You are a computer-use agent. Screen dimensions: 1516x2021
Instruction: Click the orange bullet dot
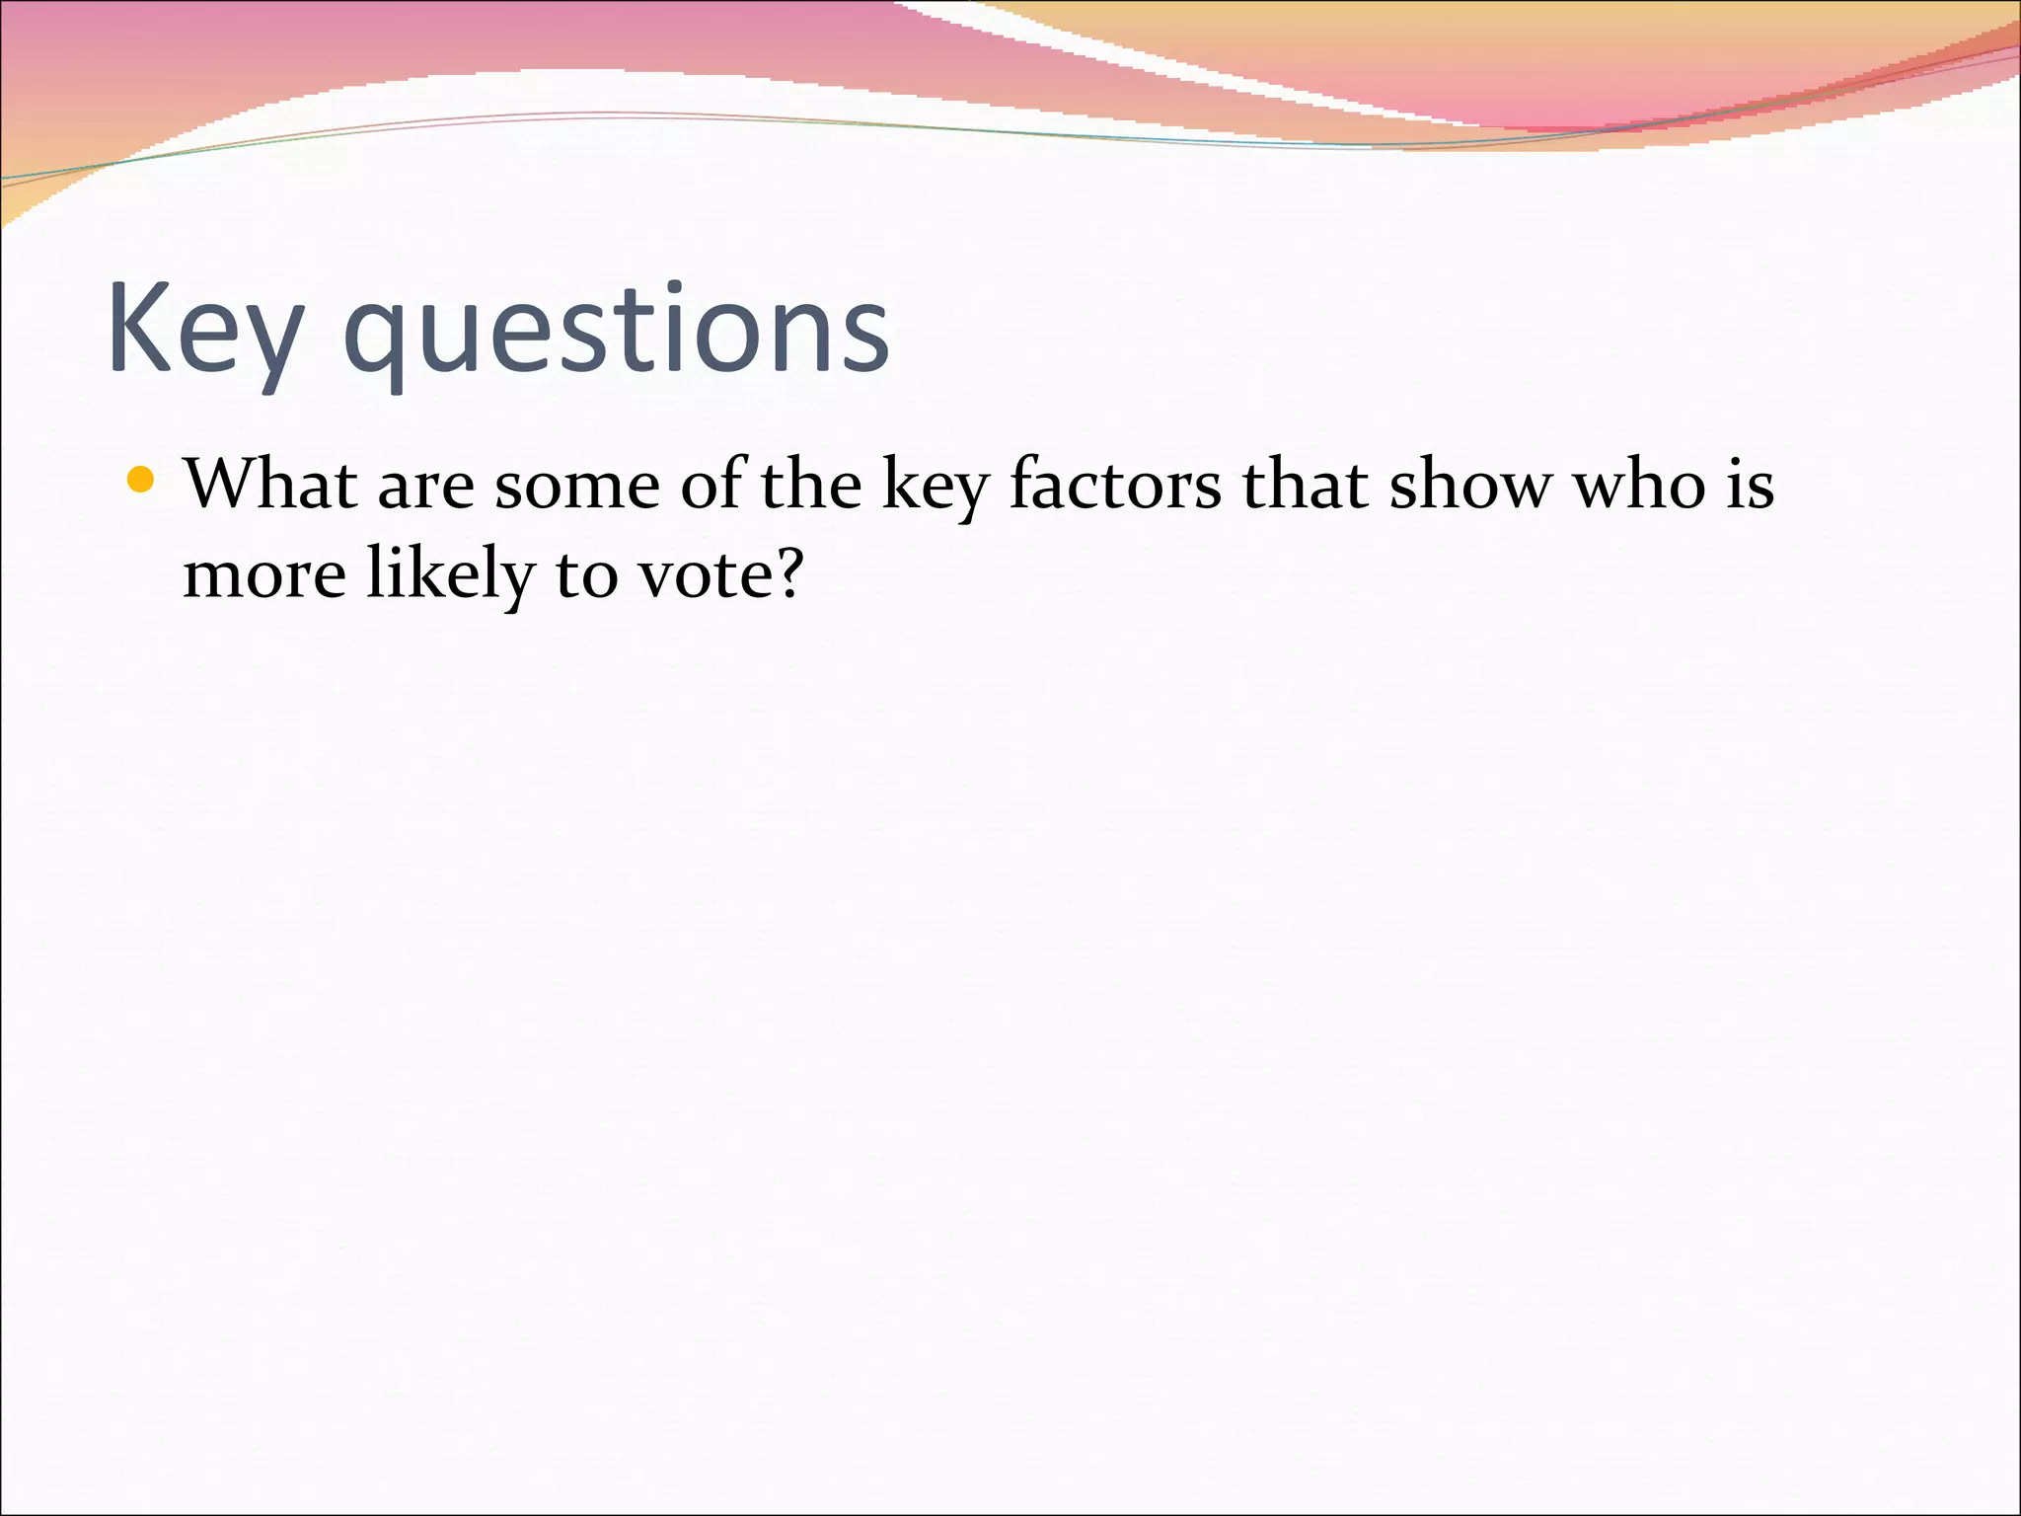pyautogui.click(x=142, y=481)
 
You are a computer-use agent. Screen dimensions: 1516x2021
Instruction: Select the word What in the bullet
pyautogui.click(x=270, y=485)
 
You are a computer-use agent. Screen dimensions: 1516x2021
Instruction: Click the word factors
pyautogui.click(x=1115, y=485)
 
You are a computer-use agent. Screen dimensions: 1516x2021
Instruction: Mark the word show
pyautogui.click(x=1470, y=485)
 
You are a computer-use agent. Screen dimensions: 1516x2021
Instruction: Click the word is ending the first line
pyautogui.click(x=1751, y=485)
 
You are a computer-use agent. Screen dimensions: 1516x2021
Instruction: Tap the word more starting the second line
pyautogui.click(x=264, y=575)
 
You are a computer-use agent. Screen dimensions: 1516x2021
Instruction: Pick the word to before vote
pyautogui.click(x=587, y=575)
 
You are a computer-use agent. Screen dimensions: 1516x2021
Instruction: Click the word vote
pyautogui.click(x=702, y=575)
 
